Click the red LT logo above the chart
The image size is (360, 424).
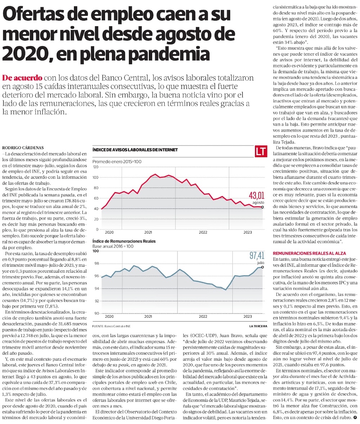coord(260,152)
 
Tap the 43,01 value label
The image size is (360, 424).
coord(256,196)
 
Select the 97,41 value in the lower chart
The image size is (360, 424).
coord(257,256)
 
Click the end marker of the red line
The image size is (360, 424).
coord(263,207)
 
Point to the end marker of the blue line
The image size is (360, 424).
coord(263,267)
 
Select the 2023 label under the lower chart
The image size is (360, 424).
coord(248,316)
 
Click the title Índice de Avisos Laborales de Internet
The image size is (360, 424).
coord(135,150)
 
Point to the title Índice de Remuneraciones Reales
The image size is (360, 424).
coord(124,241)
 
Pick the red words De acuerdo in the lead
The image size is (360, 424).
coord(22,78)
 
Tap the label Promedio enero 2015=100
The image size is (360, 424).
coord(117,161)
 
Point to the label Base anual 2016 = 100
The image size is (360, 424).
coord(113,246)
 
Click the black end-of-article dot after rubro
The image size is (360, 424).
coord(355,418)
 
